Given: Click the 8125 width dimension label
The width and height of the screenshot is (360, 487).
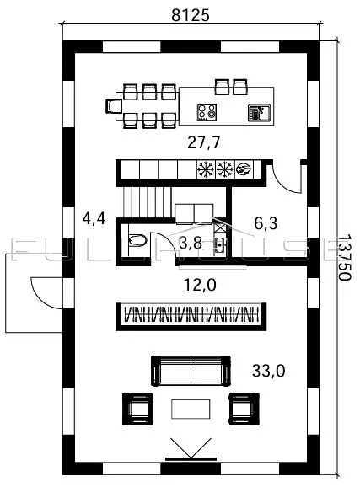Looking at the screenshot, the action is coord(191,15).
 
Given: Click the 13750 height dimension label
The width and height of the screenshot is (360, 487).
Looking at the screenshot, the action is coord(344,257).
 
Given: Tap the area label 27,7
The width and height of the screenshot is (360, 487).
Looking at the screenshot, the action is coord(204,142).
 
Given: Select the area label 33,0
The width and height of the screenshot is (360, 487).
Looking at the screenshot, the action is coord(268,371).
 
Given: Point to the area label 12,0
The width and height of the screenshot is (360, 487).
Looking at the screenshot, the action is coord(200,285).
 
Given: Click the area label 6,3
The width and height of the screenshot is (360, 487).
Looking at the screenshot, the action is coord(266,223).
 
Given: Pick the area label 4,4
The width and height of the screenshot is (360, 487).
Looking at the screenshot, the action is coord(94,218).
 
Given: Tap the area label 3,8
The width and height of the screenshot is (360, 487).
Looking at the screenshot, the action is coord(191,243).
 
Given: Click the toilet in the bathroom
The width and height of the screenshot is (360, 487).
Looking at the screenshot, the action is coord(137,240).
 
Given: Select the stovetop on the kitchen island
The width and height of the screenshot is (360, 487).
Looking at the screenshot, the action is coord(207,112).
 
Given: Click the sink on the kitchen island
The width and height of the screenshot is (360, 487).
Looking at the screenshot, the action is coord(260,113).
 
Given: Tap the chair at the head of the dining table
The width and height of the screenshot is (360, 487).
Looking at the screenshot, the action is coord(113,106).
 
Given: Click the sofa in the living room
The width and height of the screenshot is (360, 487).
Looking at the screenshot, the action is coord(191,371).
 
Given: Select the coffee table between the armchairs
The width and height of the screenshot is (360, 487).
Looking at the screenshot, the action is coord(191,409).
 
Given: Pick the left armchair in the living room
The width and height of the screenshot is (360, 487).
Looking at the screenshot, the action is coord(137,409).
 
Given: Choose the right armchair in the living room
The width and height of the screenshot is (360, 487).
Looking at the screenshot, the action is coord(244,409).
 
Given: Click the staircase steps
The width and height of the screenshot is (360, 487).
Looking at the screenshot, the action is coord(143,202).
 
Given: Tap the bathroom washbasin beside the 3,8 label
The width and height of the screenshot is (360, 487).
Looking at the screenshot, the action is coord(219,246).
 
